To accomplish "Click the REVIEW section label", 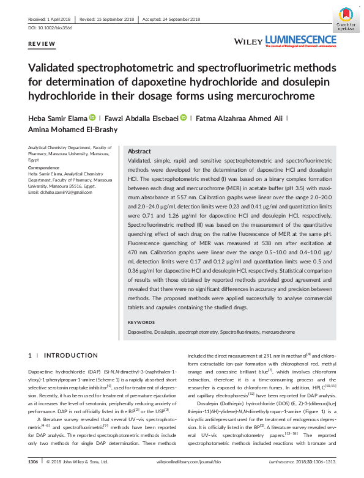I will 42,44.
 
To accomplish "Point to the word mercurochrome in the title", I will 264,95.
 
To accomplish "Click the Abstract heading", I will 139,151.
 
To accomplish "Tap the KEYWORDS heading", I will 141,322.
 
